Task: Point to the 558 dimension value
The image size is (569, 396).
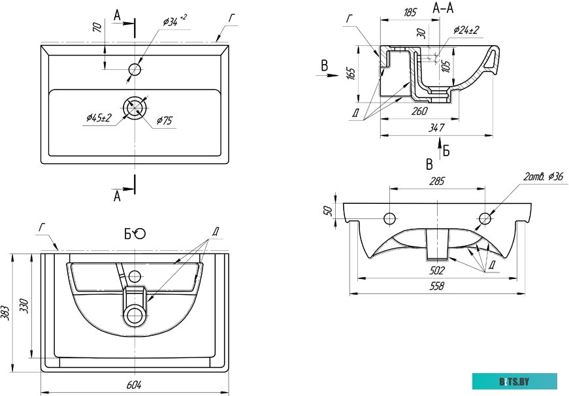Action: pyautogui.click(x=436, y=286)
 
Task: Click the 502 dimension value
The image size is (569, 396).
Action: pyautogui.click(x=436, y=270)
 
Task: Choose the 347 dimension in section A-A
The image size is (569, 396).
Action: pyautogui.click(x=436, y=127)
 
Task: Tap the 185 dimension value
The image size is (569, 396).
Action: pyautogui.click(x=410, y=12)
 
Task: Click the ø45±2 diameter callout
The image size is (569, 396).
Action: pyautogui.click(x=99, y=117)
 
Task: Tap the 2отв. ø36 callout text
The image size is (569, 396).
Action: pyautogui.click(x=543, y=176)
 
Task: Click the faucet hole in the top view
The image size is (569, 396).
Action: pyautogui.click(x=135, y=69)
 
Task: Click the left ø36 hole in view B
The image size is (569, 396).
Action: pyautogui.click(x=390, y=218)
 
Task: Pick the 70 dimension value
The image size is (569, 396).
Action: pyautogui.click(x=97, y=28)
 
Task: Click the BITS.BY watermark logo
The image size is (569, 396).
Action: pyautogui.click(x=515, y=381)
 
